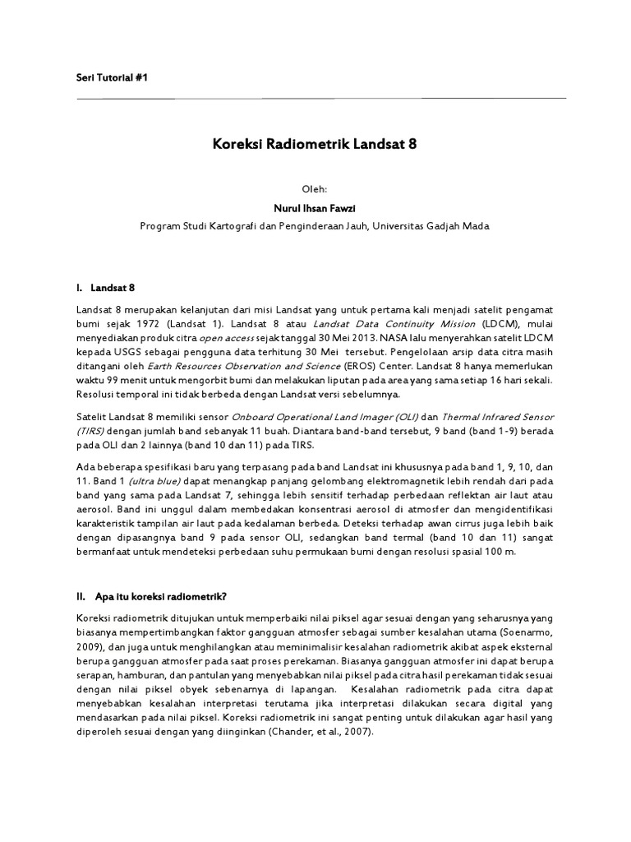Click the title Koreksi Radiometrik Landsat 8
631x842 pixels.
tap(315, 144)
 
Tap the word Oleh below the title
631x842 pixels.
tap(315, 188)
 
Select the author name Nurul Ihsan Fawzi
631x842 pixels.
tap(315, 207)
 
